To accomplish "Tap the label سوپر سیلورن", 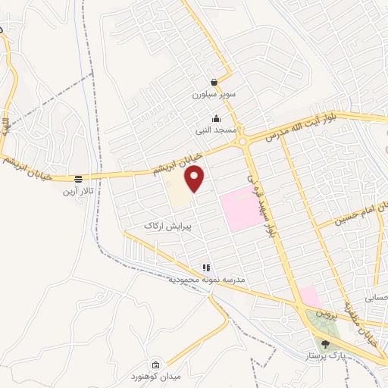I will click(214, 96).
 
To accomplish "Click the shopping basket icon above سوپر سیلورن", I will click(214, 83).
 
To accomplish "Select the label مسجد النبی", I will click(216, 130).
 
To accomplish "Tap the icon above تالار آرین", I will click(78, 179).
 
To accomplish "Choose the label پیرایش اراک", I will click(169, 226).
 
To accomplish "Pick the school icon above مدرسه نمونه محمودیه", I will click(205, 268).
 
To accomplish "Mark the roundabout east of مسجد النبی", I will click(243, 140).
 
